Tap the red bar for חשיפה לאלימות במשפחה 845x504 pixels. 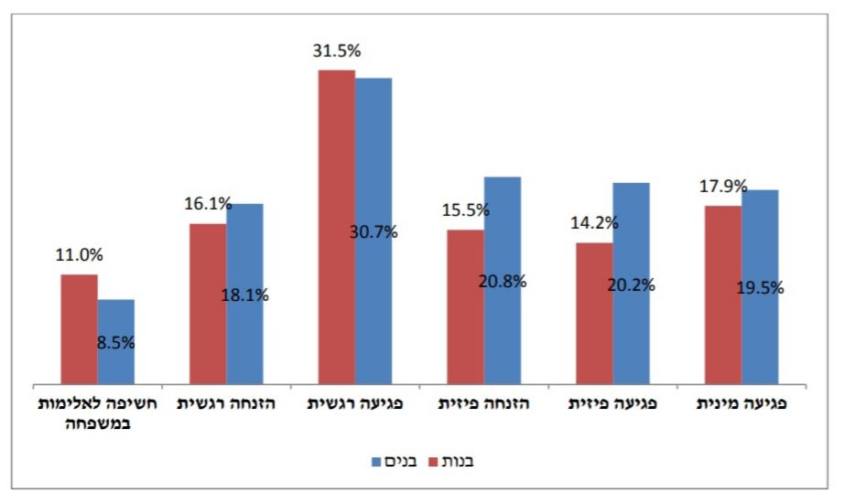click(x=79, y=329)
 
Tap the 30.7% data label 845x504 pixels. click(x=374, y=232)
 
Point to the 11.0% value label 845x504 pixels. click(x=79, y=256)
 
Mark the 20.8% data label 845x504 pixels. click(x=503, y=282)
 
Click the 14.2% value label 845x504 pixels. click(x=594, y=222)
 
